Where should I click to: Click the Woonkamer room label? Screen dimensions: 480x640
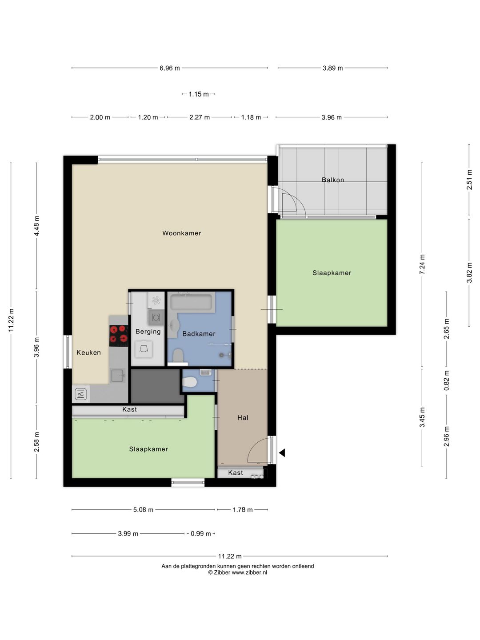coord(182,233)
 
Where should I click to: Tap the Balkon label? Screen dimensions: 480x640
coord(332,180)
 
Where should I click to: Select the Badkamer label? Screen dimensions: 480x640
coord(199,334)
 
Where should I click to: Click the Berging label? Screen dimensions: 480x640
coord(148,332)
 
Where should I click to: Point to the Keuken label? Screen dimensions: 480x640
coord(88,352)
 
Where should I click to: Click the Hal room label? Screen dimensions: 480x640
coord(243,418)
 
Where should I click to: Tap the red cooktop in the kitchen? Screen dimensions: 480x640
coord(119,336)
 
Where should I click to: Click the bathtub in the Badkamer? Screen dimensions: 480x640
coord(191,302)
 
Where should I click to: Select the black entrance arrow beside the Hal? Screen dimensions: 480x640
coord(282,453)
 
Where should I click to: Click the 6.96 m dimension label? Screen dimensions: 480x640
coord(170,68)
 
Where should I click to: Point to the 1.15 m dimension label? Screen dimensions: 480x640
coord(199,94)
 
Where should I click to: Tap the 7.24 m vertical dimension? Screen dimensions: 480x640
coord(422,264)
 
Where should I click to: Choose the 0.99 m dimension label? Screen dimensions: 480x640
coord(200,534)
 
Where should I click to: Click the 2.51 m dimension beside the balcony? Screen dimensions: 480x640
coord(469,180)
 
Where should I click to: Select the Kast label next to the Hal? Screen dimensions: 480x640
coord(236,472)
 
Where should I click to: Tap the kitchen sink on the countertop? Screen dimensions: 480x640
coord(118,375)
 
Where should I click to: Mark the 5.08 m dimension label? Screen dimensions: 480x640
coord(143,510)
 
